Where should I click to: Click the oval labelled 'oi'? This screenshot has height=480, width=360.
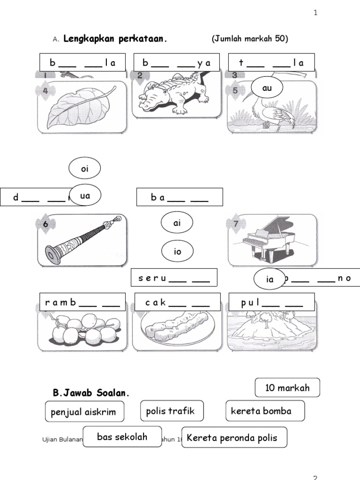[x=85, y=169]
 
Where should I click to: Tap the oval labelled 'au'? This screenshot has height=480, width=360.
[x=267, y=88]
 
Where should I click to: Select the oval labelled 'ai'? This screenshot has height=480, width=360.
[x=177, y=224]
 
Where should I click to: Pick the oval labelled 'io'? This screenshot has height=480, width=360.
[x=177, y=252]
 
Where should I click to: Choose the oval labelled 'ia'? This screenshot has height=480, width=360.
[x=270, y=279]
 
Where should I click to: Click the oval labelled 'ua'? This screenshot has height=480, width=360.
[x=85, y=196]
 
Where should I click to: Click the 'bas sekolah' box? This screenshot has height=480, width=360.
[x=122, y=437]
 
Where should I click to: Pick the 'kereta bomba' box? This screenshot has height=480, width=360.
[x=265, y=411]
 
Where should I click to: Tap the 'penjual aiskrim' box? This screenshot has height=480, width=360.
[x=85, y=412]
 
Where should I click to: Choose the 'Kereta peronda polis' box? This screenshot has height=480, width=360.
[x=234, y=438]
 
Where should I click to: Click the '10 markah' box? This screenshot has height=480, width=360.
[x=287, y=388]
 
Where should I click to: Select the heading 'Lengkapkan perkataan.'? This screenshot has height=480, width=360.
[x=115, y=39]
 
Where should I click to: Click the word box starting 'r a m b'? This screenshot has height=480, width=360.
[x=83, y=303]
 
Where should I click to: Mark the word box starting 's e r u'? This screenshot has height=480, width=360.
[x=174, y=277]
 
